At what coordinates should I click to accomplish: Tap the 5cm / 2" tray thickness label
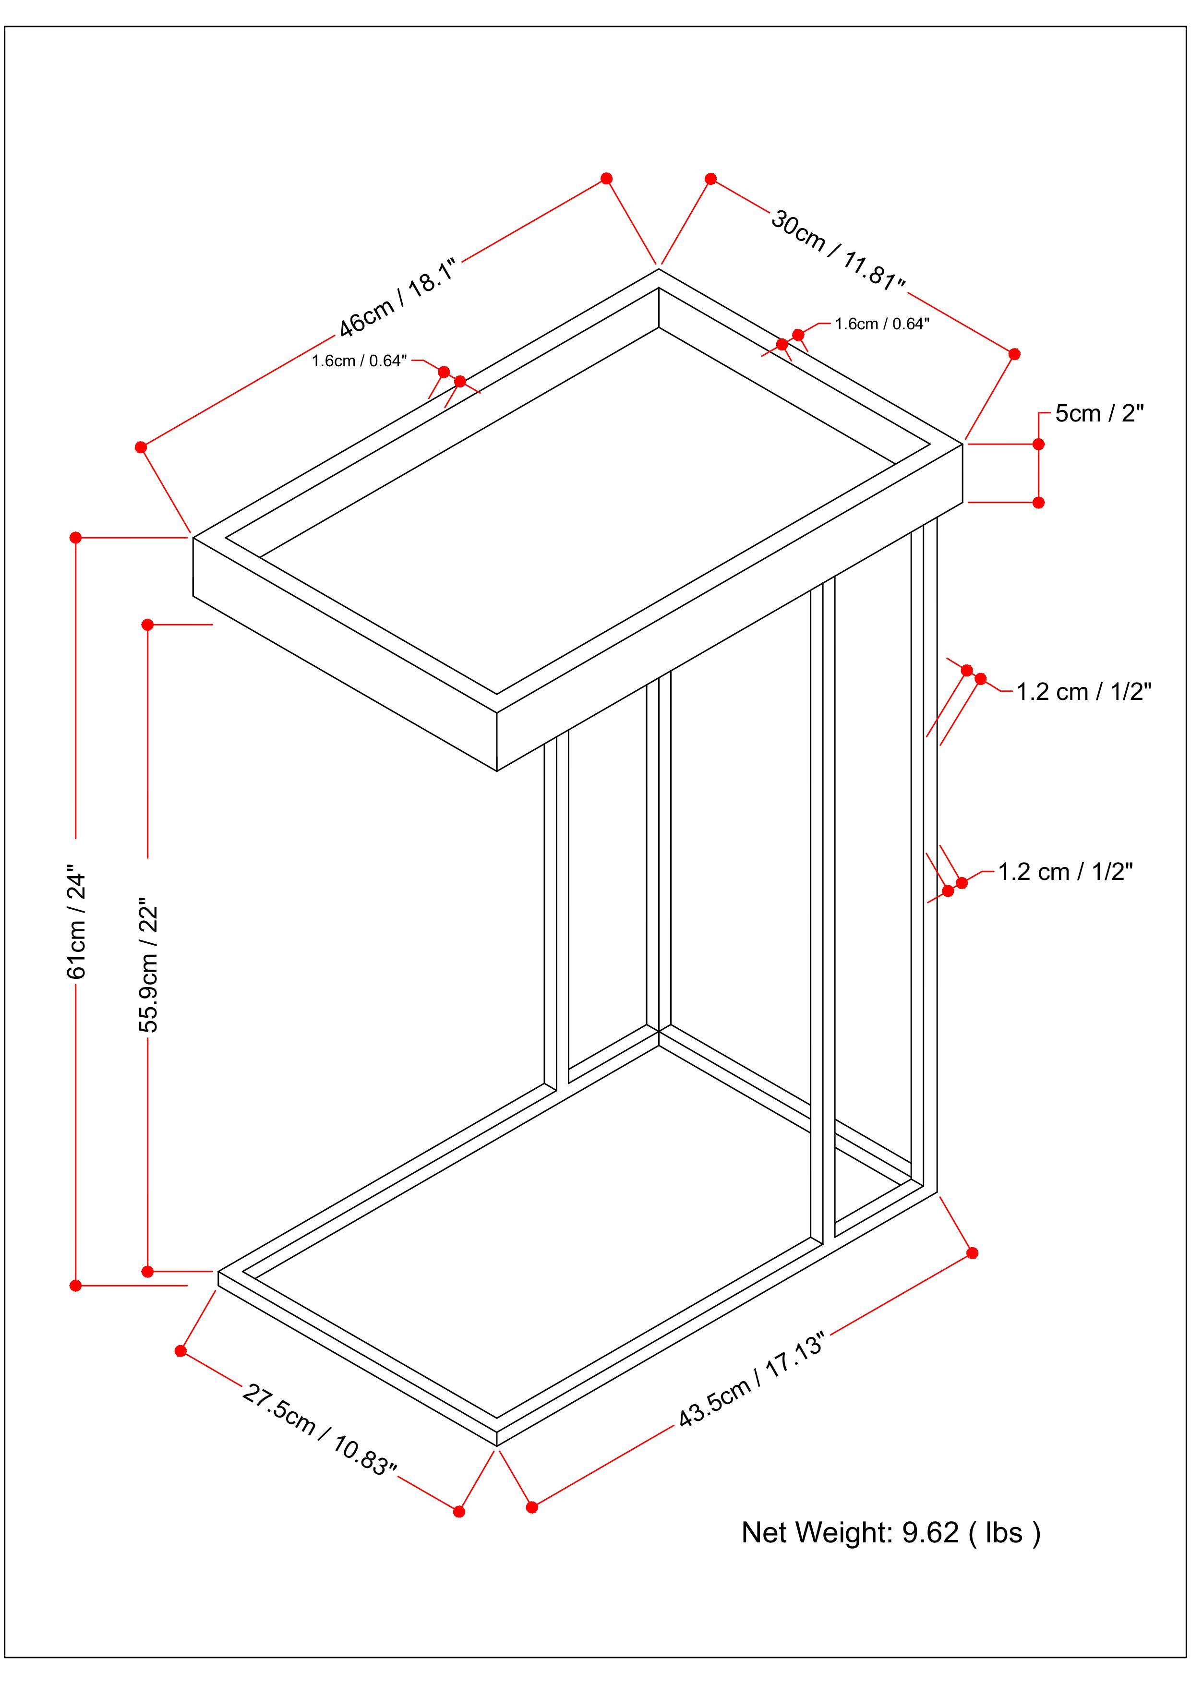pyautogui.click(x=1099, y=414)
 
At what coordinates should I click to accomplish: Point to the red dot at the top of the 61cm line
pyautogui.click(x=75, y=538)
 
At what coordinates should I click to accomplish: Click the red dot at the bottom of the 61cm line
pyautogui.click(x=75, y=1285)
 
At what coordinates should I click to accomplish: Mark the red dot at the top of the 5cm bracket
pyautogui.click(x=1038, y=444)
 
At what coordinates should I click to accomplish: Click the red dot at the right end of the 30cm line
pyautogui.click(x=1015, y=354)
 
